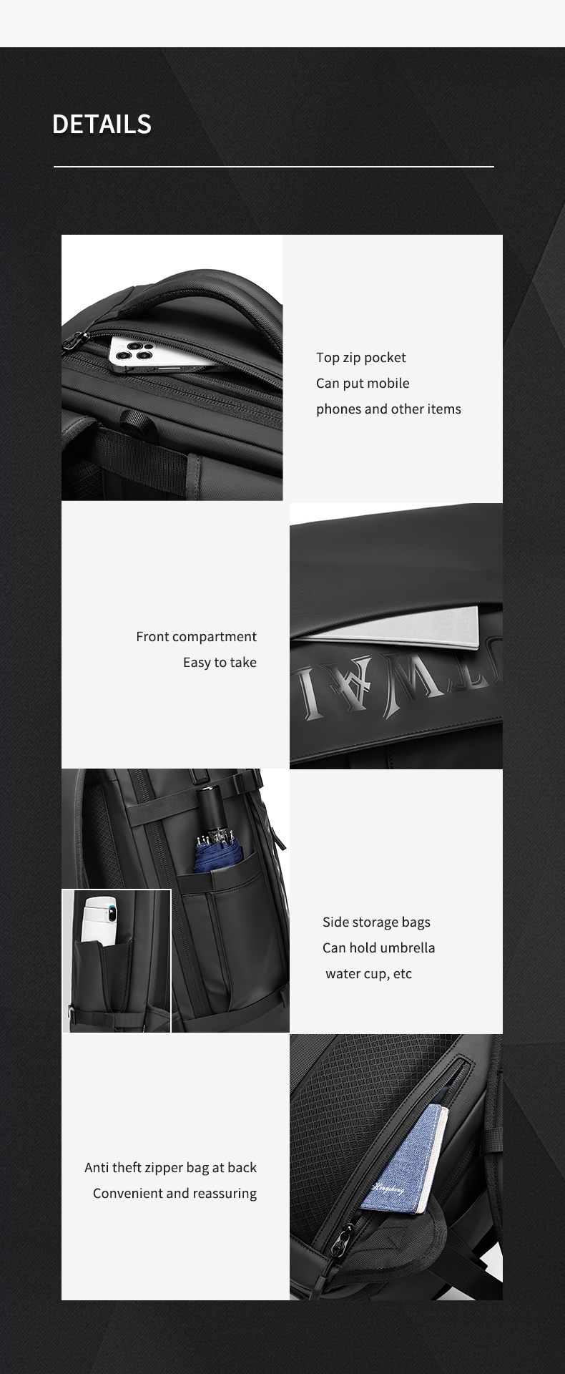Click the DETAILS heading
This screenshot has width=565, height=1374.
(x=102, y=125)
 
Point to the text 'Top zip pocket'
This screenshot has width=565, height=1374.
(x=360, y=357)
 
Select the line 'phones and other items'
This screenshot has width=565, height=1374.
(x=388, y=409)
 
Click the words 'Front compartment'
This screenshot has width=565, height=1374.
(x=196, y=636)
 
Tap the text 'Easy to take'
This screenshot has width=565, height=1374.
(x=220, y=662)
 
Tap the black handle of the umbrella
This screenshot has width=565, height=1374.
(x=210, y=808)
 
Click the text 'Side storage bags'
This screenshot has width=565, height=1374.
(x=376, y=922)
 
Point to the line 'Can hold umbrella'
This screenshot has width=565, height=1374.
(x=378, y=947)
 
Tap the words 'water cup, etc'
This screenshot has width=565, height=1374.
(x=368, y=973)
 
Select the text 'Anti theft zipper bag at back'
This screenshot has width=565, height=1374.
(x=170, y=1167)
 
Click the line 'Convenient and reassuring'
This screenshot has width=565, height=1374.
(x=175, y=1193)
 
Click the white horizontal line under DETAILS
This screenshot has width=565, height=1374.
(x=273, y=167)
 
